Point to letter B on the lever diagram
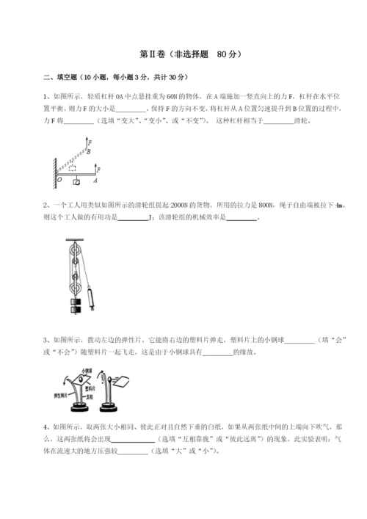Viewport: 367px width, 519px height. pos(88,153)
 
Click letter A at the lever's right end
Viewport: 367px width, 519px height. pos(97,179)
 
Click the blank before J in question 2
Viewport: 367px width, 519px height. pos(132,218)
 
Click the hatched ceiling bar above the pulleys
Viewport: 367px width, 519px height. pos(73,239)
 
